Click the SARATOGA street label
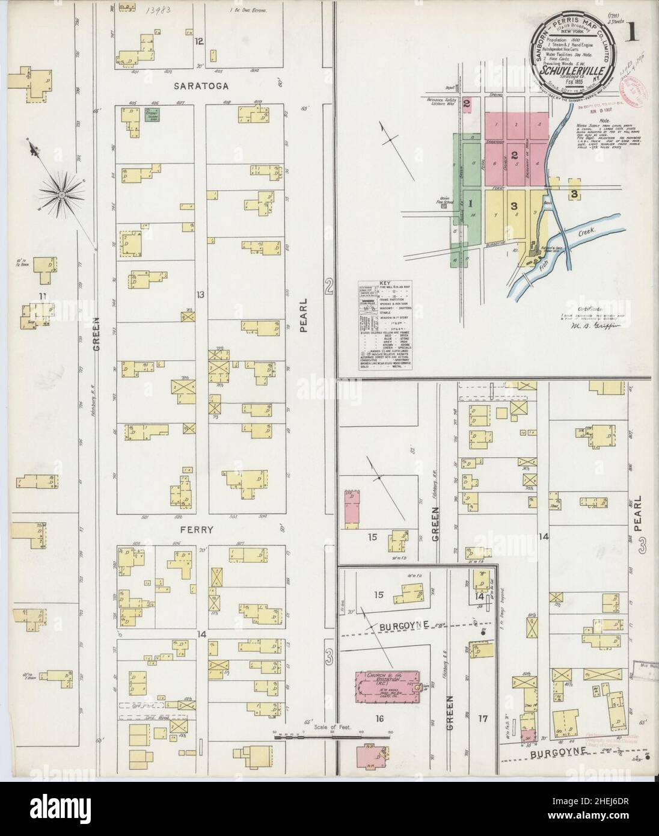[x=201, y=86]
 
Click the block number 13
[x=200, y=294]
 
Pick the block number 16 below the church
[x=379, y=718]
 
